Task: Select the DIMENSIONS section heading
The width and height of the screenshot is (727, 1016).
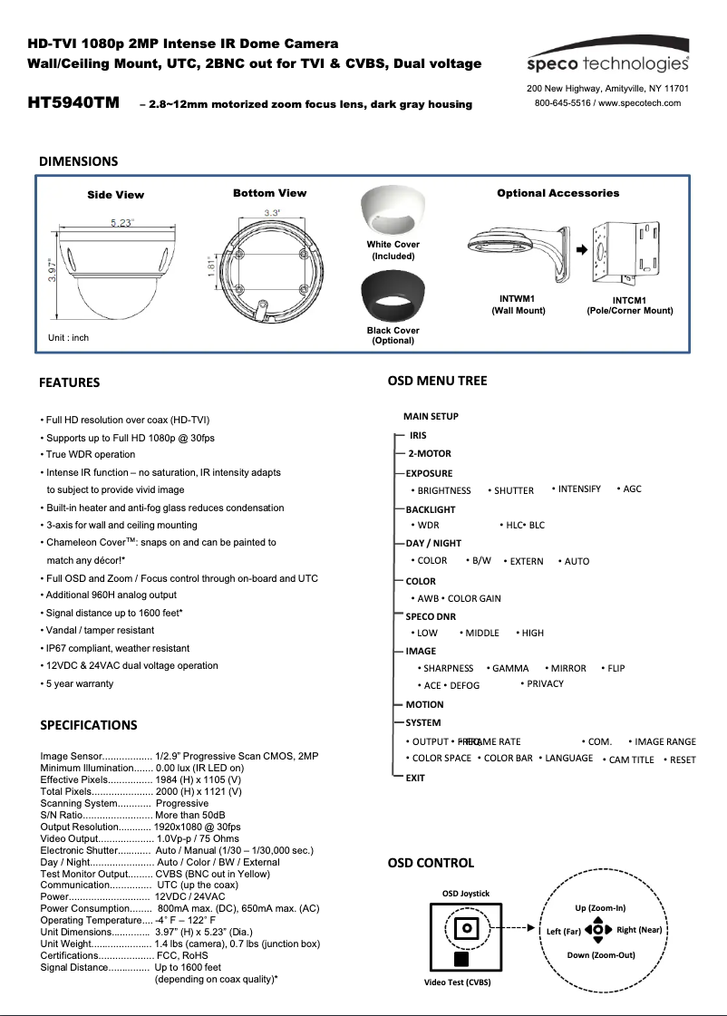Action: pyautogui.click(x=78, y=161)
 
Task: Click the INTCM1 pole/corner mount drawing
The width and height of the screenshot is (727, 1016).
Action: pyautogui.click(x=629, y=248)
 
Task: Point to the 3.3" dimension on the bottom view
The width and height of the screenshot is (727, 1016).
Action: pyautogui.click(x=271, y=212)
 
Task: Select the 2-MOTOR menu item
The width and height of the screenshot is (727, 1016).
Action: pyautogui.click(x=429, y=454)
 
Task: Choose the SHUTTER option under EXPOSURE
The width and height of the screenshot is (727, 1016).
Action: pyautogui.click(x=513, y=490)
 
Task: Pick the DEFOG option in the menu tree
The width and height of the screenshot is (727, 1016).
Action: pyautogui.click(x=464, y=686)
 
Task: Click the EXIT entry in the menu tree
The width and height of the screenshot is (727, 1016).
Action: pyautogui.click(x=415, y=778)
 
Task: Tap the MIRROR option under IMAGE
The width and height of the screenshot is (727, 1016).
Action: pyautogui.click(x=568, y=668)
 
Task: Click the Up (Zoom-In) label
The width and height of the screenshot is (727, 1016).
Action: pyautogui.click(x=600, y=907)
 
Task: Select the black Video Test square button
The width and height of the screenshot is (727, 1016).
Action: pyautogui.click(x=461, y=959)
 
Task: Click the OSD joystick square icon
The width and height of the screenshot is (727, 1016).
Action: pyautogui.click(x=467, y=928)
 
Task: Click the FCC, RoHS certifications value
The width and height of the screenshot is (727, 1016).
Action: pyautogui.click(x=181, y=955)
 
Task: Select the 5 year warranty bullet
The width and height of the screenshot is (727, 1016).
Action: pyautogui.click(x=79, y=683)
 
